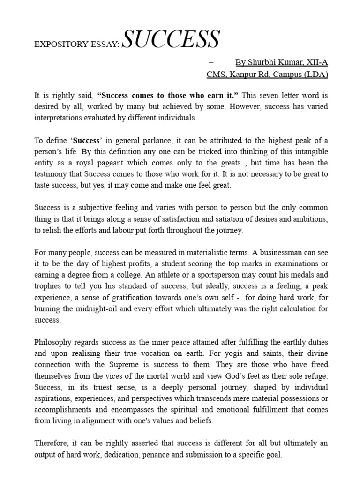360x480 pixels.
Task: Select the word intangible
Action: tap(308, 152)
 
